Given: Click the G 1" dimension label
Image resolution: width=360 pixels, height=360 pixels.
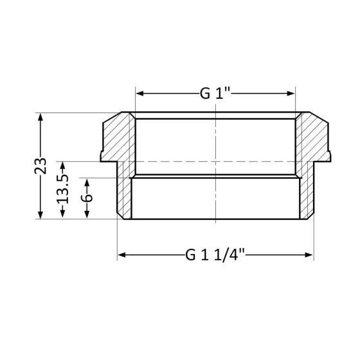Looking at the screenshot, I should point(215,94).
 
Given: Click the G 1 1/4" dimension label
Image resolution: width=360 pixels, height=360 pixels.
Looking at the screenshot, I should point(215,255).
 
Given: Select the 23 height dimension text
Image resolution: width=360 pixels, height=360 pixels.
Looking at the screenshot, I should point(40,166).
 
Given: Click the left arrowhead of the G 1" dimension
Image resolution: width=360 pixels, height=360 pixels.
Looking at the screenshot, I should point(138,94).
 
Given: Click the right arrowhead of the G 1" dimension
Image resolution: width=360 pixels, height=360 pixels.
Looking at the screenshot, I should point(293,94).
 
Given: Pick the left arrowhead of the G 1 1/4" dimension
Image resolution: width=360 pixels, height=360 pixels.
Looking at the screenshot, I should point(120,255).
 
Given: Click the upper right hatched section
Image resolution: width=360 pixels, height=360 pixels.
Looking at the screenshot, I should point(314,138).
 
